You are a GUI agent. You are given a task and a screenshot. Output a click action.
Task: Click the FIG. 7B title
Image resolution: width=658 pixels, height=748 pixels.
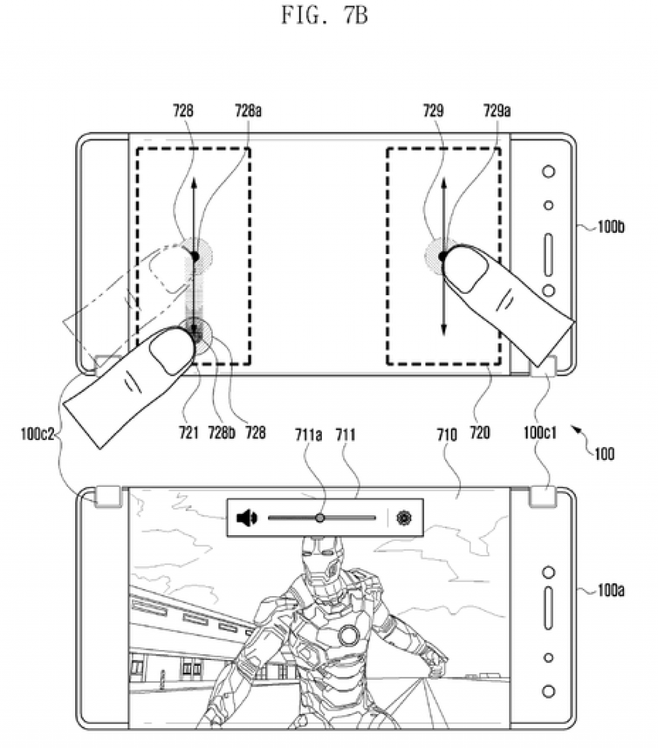[325, 15]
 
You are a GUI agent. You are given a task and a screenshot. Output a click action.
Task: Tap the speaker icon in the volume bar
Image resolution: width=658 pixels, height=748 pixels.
[247, 518]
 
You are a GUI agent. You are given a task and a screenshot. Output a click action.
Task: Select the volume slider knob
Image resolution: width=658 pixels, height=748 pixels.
[320, 518]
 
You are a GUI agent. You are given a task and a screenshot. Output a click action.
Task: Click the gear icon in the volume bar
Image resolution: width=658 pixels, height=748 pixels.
[404, 518]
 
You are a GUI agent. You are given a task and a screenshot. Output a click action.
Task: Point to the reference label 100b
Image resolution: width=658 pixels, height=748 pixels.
[610, 227]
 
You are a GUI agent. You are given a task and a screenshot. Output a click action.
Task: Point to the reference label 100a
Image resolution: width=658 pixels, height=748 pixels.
[610, 590]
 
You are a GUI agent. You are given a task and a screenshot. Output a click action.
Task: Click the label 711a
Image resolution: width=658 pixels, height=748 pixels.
[308, 435]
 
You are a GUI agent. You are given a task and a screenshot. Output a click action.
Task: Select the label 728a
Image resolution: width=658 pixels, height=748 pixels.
[248, 111]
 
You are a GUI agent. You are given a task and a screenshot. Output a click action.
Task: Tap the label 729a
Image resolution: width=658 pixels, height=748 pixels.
[497, 111]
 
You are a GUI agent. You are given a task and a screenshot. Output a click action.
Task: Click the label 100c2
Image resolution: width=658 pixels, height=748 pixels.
[37, 435]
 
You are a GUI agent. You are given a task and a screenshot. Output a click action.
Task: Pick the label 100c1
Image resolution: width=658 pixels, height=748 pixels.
[540, 433]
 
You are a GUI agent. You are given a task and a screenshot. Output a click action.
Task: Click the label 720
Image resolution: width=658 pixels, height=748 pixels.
[479, 433]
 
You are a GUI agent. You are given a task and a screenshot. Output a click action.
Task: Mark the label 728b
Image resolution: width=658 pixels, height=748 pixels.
[222, 433]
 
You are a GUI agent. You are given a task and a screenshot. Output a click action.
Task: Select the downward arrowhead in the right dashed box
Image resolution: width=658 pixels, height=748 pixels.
[443, 329]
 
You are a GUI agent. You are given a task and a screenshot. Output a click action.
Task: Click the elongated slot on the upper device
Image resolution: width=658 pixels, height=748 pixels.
[548, 254]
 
